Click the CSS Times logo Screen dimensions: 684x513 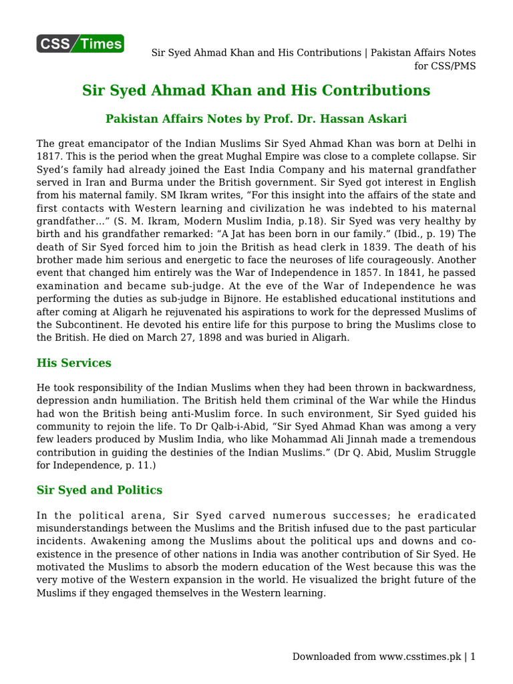(x=80, y=44)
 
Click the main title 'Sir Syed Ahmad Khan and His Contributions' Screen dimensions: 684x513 (x=256, y=91)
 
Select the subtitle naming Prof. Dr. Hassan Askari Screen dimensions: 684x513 (x=256, y=119)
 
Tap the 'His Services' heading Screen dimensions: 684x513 (x=73, y=363)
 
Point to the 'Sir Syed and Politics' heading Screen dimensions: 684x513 (x=99, y=490)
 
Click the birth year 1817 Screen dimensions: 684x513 (x=49, y=156)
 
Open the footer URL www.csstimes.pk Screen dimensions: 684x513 (x=421, y=657)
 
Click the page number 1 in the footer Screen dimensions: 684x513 (x=473, y=657)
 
